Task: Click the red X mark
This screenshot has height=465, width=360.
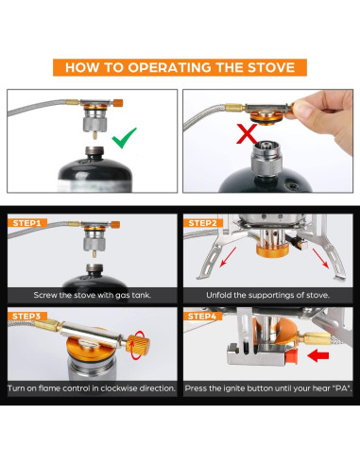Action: click(248, 134)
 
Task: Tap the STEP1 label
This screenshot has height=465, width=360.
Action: click(27, 223)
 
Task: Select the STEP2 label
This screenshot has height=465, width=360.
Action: click(203, 223)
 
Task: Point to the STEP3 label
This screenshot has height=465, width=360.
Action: click(27, 316)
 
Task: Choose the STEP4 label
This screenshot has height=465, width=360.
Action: click(203, 316)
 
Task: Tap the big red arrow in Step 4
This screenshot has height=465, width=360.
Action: click(318, 356)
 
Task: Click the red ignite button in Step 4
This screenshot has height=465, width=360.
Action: click(291, 356)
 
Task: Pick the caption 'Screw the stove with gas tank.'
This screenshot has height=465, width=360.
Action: click(93, 295)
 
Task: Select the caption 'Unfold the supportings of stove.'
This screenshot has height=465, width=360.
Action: click(267, 295)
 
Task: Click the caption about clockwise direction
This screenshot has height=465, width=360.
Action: click(92, 388)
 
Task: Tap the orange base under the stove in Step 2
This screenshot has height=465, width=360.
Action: click(272, 251)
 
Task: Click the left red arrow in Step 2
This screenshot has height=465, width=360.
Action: click(228, 257)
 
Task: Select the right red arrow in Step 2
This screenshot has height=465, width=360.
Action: click(321, 258)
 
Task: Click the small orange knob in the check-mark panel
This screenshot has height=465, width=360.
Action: click(118, 103)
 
